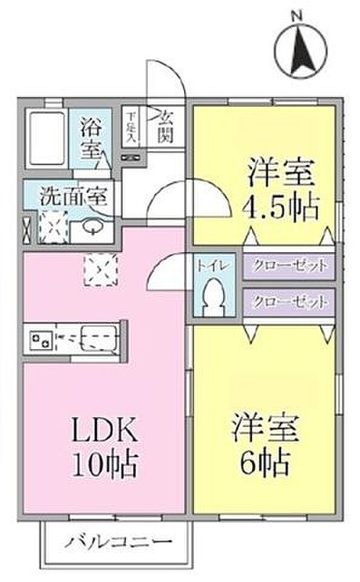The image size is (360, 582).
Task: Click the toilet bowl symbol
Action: click(213, 297)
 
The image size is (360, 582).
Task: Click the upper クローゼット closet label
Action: click(290, 266)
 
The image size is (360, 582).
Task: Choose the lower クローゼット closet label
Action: click(290, 302)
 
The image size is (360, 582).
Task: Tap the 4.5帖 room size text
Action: click(281, 207)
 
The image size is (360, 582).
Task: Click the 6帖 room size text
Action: click(265, 462)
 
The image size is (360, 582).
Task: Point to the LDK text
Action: click(104, 430)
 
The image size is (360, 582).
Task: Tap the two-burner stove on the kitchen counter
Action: click(41, 339)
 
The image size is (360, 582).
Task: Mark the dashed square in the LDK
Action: click(101, 269)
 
